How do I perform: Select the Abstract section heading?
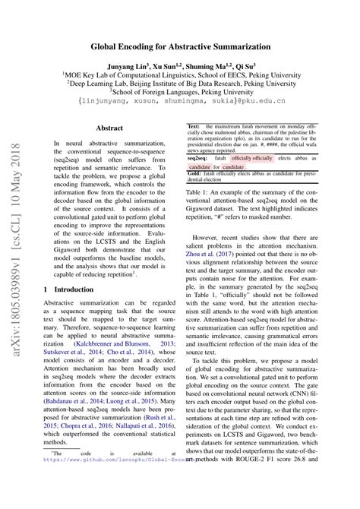click(109, 129)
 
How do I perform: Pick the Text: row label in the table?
click(194, 125)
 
